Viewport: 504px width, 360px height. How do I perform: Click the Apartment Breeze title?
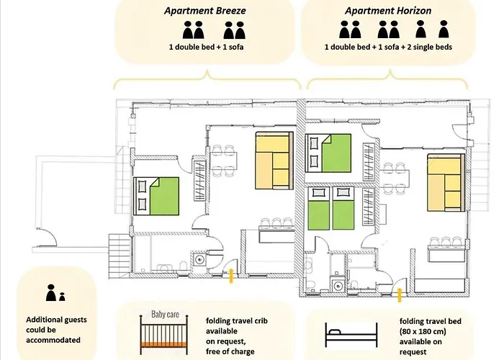205,11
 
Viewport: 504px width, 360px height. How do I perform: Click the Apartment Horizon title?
388,11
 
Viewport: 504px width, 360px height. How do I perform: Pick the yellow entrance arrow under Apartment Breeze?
231,276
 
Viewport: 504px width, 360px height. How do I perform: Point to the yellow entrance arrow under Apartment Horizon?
400,294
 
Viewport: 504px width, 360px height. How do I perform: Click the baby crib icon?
164,334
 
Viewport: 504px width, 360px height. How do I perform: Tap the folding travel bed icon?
351,335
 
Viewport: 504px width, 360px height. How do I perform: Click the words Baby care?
165,314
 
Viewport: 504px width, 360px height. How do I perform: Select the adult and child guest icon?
55,292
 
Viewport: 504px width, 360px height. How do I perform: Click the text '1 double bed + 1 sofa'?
206,47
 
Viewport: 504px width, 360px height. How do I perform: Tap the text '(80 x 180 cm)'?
423,331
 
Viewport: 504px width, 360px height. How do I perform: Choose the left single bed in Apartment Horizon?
318,208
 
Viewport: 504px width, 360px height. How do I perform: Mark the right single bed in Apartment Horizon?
343,208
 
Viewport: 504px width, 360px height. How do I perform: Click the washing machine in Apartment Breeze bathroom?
199,259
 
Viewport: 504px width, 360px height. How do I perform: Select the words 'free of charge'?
230,351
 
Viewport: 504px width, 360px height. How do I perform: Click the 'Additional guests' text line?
56,320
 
